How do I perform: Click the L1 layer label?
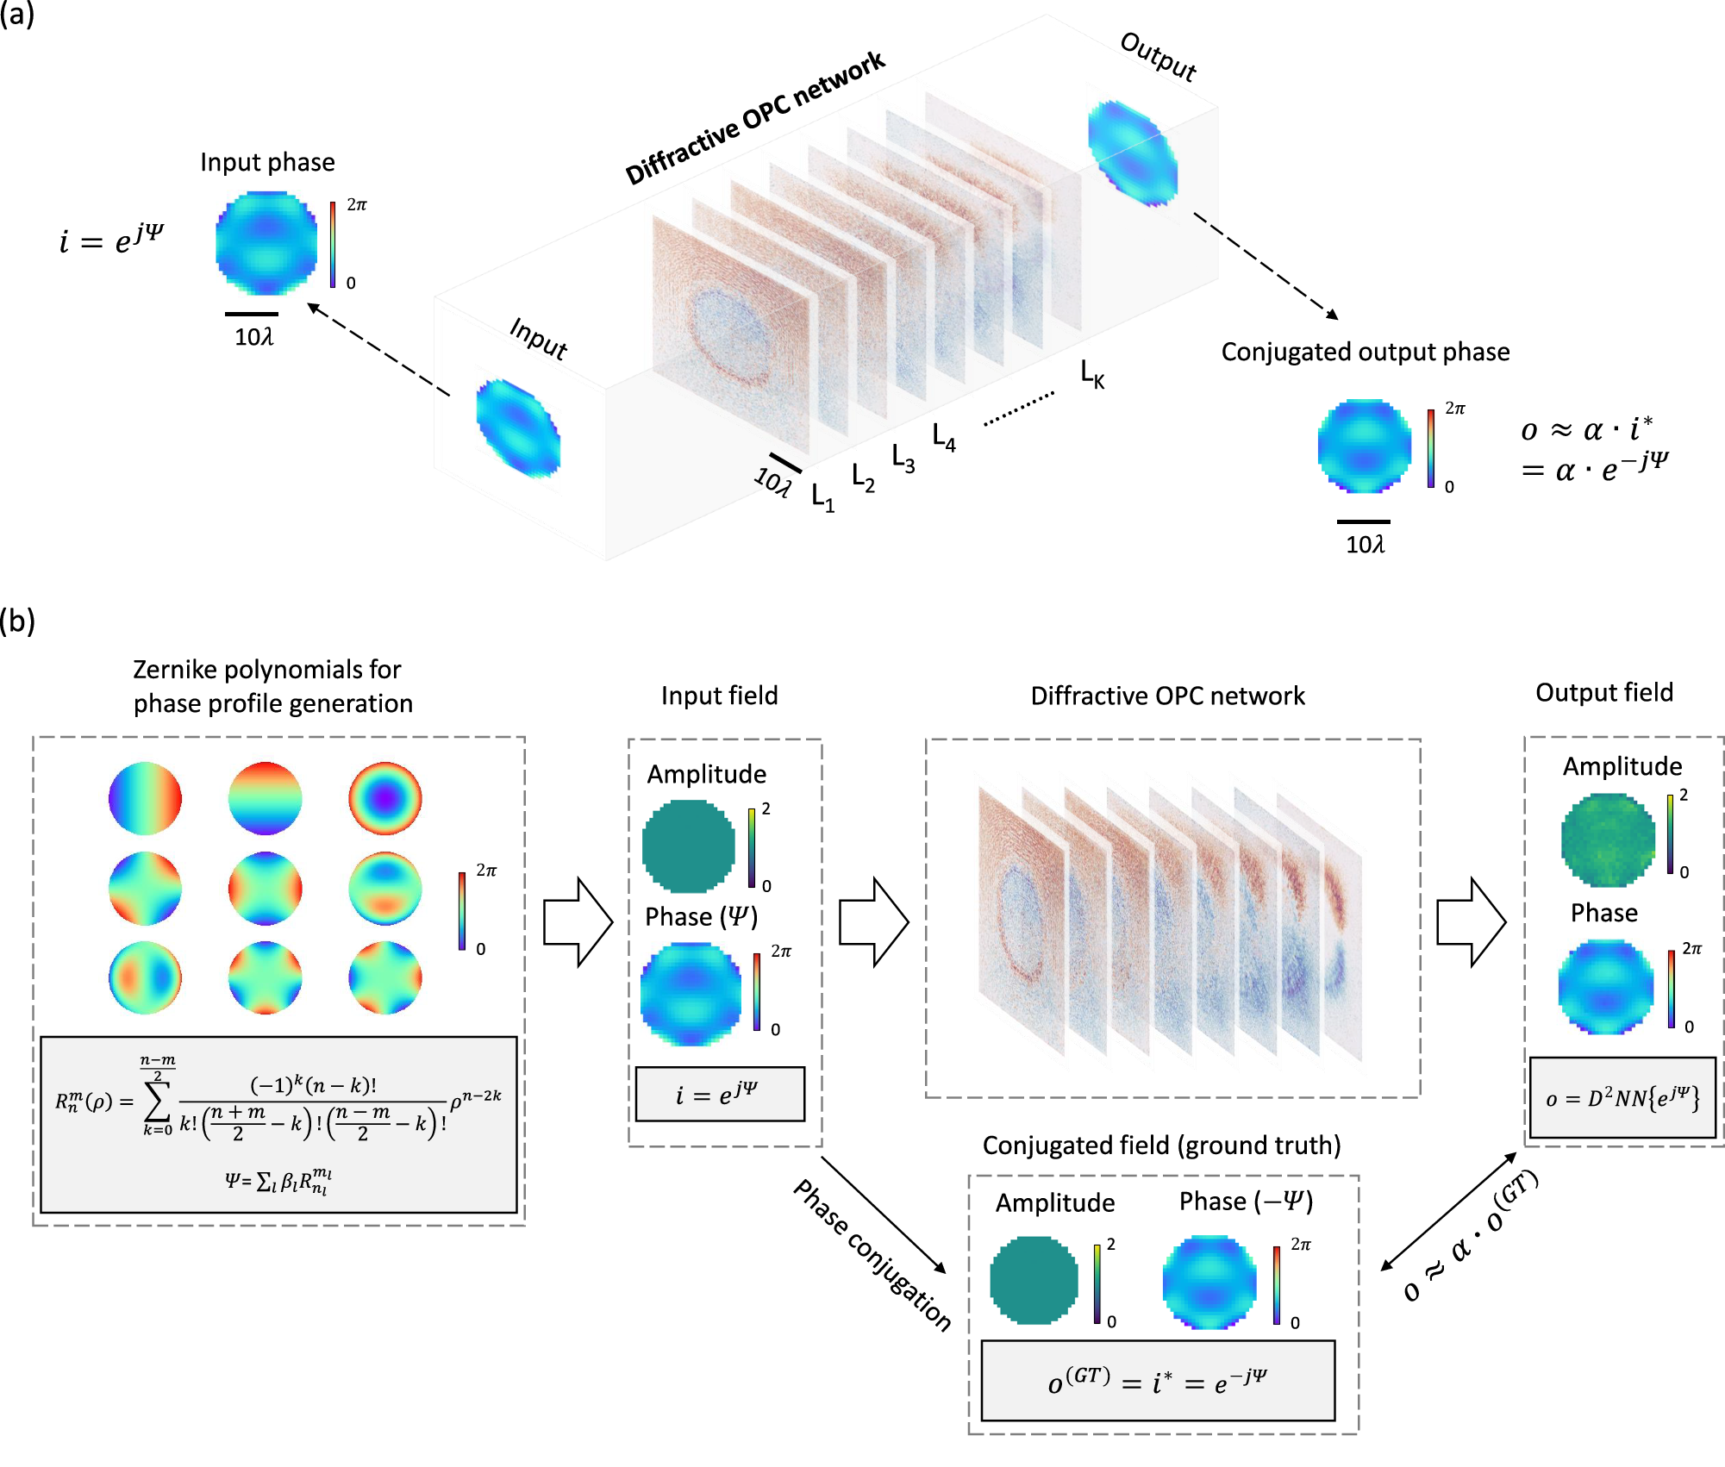pyautogui.click(x=822, y=498)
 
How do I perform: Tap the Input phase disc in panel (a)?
pyautogui.click(x=266, y=244)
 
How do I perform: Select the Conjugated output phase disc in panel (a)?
pyautogui.click(x=1364, y=446)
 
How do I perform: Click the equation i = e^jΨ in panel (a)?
pyautogui.click(x=111, y=239)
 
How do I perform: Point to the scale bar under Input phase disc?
pyautogui.click(x=252, y=314)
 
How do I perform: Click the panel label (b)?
pyautogui.click(x=17, y=621)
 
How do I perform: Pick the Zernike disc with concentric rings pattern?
pyautogui.click(x=385, y=798)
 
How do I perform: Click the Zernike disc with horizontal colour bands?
pyautogui.click(x=266, y=798)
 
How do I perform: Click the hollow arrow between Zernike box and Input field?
pyautogui.click(x=578, y=922)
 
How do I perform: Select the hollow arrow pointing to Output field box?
pyautogui.click(x=1471, y=922)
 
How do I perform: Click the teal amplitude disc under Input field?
pyautogui.click(x=688, y=846)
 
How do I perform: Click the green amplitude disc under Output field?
pyautogui.click(x=1608, y=840)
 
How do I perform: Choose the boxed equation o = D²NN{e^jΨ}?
pyautogui.click(x=1622, y=1098)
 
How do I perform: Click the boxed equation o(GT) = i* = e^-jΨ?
pyautogui.click(x=1158, y=1382)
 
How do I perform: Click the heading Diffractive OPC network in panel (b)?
pyautogui.click(x=1167, y=696)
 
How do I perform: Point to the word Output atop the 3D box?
pyautogui.click(x=1158, y=57)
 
